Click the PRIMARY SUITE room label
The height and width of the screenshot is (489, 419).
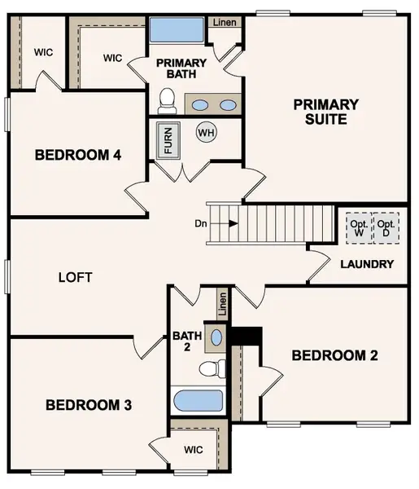pyautogui.click(x=326, y=112)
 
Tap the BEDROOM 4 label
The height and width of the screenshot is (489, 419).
pyautogui.click(x=78, y=155)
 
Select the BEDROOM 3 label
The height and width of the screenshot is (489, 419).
pyautogui.click(x=89, y=405)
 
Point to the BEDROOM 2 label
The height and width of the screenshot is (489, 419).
pyautogui.click(x=334, y=355)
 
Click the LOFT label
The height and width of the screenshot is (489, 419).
pyautogui.click(x=76, y=277)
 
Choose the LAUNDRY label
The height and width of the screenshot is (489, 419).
pyautogui.click(x=367, y=264)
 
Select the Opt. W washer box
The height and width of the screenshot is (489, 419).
pyautogui.click(x=358, y=227)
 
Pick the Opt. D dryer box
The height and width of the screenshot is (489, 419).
pyautogui.click(x=386, y=227)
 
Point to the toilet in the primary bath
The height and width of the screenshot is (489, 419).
pyautogui.click(x=168, y=101)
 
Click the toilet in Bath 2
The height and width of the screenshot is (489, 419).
pyautogui.click(x=212, y=368)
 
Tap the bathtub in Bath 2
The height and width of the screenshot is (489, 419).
pyautogui.click(x=198, y=400)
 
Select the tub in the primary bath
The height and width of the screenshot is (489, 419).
pyautogui.click(x=177, y=33)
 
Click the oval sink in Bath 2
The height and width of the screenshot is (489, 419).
pyautogui.click(x=216, y=336)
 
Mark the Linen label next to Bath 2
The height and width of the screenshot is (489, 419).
pyautogui.click(x=223, y=306)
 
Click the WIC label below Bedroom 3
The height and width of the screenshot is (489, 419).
pyautogui.click(x=194, y=449)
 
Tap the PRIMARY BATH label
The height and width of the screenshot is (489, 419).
pyautogui.click(x=181, y=68)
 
